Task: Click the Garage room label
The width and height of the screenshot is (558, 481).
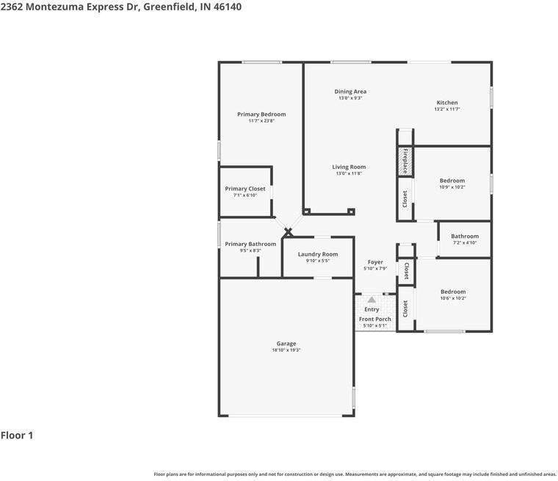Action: point(286,344)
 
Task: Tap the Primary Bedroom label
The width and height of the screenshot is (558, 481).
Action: point(261,115)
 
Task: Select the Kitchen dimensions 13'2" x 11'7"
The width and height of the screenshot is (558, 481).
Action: point(447,109)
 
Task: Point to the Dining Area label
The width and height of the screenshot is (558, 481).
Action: point(350,92)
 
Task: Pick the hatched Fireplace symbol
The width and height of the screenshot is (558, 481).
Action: point(405,162)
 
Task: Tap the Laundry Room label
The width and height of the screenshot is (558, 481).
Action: point(318,254)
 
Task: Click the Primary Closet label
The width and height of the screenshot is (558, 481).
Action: point(245,189)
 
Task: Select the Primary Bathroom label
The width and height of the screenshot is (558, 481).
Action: point(250,244)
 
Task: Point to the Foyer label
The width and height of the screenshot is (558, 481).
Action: point(375,262)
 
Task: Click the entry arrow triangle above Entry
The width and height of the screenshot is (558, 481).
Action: point(372,300)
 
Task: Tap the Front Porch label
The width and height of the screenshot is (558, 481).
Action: point(374,319)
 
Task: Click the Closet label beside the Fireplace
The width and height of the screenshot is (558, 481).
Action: point(405,198)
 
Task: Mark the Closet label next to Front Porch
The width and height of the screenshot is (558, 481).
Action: point(405,308)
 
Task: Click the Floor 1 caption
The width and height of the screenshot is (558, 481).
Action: point(17,435)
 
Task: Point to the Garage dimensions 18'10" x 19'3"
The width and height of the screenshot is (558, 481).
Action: point(286,350)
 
